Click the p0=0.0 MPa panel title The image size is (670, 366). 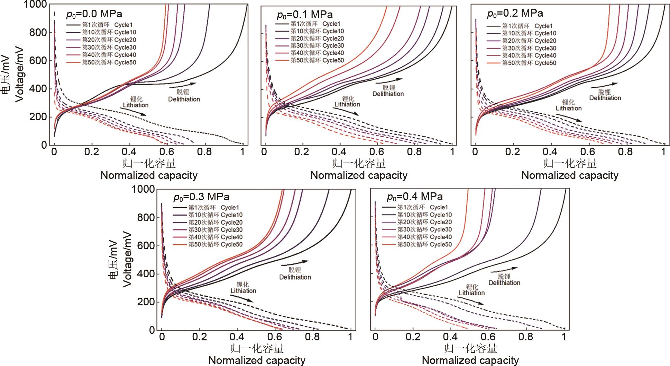[x=94, y=14]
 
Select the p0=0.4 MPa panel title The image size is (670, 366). [x=414, y=197]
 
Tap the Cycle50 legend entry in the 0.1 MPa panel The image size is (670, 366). [x=310, y=61]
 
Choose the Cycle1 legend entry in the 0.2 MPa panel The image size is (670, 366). [x=520, y=26]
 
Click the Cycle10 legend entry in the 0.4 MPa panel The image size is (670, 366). [x=424, y=215]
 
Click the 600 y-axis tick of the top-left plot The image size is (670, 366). [x=39, y=61]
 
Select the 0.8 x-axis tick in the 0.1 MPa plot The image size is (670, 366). [x=414, y=152]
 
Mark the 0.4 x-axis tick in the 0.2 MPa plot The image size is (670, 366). [x=550, y=152]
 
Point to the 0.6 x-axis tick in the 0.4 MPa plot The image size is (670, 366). [x=488, y=337]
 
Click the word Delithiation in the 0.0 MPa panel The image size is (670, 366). [x=184, y=99]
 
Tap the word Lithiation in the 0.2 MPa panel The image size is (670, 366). [x=569, y=108]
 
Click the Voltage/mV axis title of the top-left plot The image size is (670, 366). [x=20, y=75]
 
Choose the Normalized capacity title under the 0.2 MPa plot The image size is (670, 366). [x=570, y=175]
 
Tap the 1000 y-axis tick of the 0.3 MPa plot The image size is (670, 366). [x=143, y=190]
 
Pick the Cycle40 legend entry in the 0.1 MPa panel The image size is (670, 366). [x=310, y=53]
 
